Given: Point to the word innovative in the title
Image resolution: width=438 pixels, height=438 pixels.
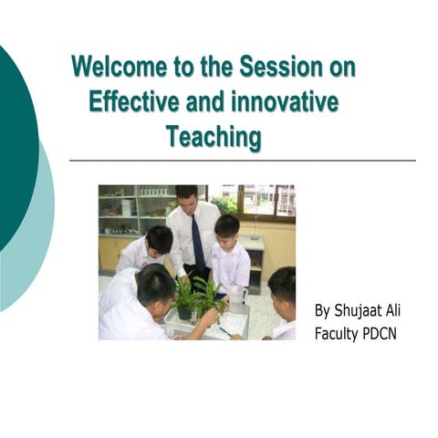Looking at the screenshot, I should [x=289, y=102].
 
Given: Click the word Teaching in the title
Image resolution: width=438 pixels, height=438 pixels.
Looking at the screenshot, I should [x=213, y=137].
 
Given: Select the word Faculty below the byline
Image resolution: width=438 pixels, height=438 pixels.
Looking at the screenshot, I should [x=339, y=333].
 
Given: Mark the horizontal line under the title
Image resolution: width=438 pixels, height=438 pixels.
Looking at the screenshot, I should [x=242, y=161].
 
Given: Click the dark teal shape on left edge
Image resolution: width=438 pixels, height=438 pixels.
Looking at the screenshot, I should [x=14, y=146].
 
